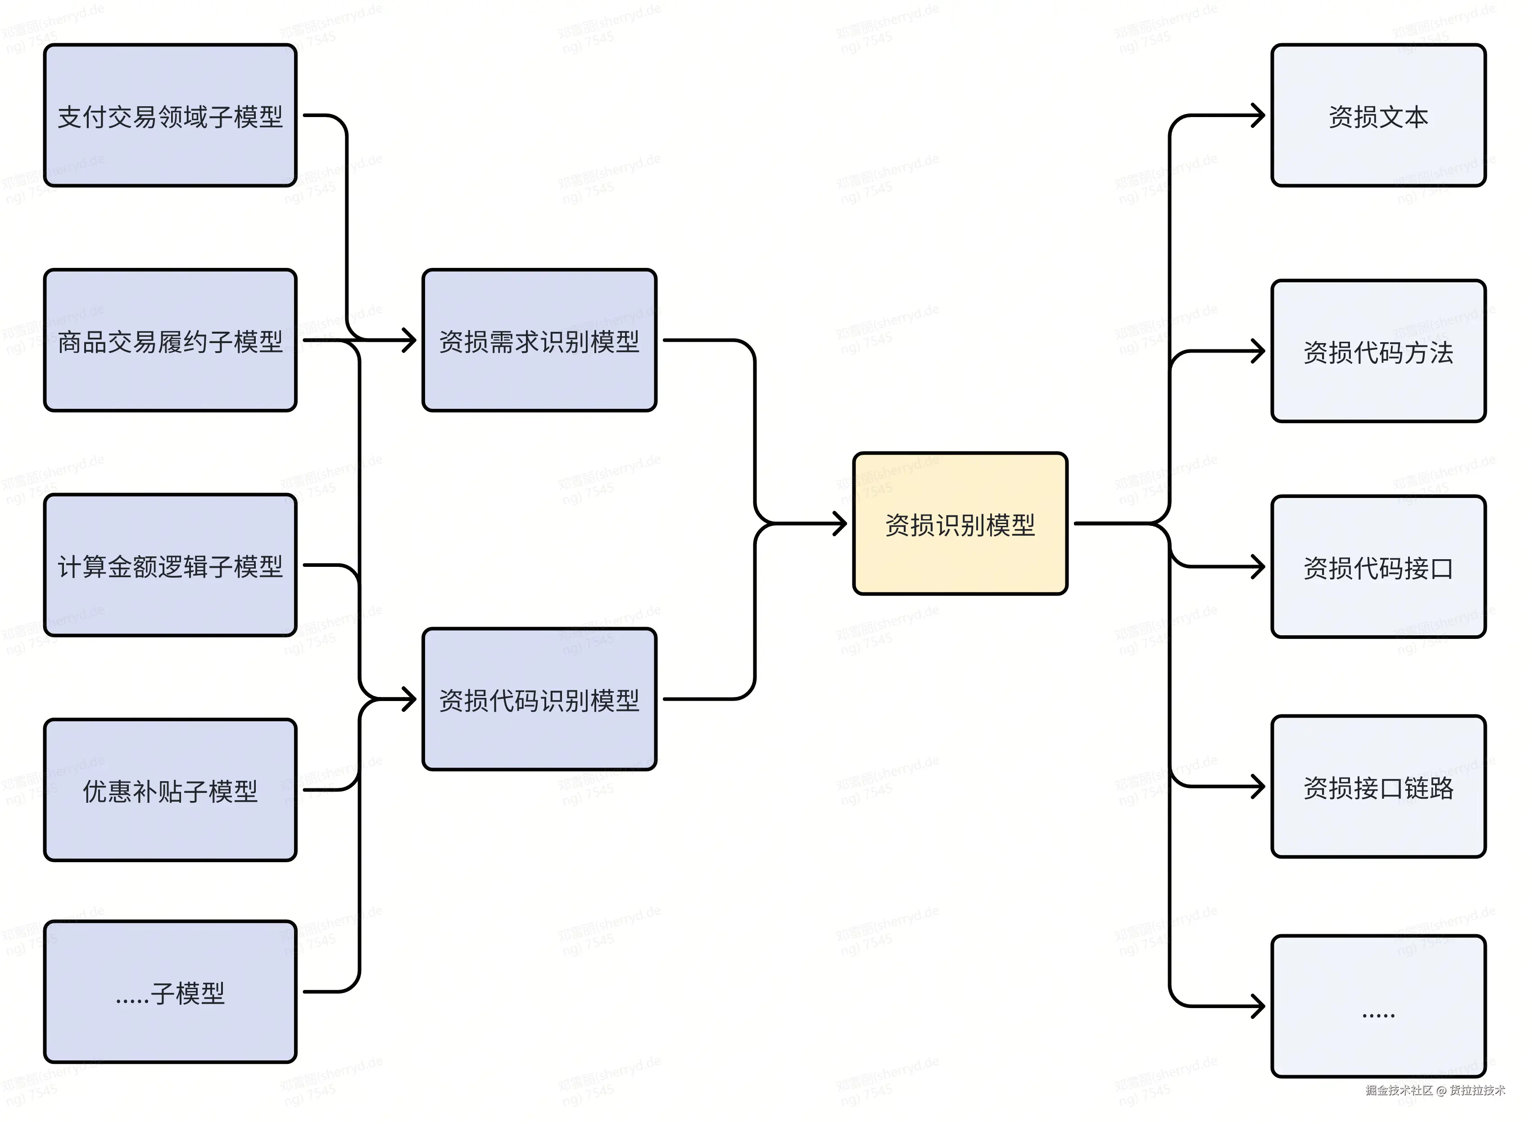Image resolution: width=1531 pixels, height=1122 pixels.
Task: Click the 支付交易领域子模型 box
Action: click(170, 115)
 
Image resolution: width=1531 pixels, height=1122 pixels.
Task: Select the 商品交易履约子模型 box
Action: click(170, 340)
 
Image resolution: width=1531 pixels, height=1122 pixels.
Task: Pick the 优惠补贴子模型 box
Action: click(170, 790)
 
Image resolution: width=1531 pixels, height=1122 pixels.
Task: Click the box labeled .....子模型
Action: click(170, 992)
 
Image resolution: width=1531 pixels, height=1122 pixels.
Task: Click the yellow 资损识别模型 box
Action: click(959, 524)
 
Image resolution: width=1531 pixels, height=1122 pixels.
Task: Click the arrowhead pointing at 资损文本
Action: click(1259, 115)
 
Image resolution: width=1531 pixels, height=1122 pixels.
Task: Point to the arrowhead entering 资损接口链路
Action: click(1259, 787)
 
